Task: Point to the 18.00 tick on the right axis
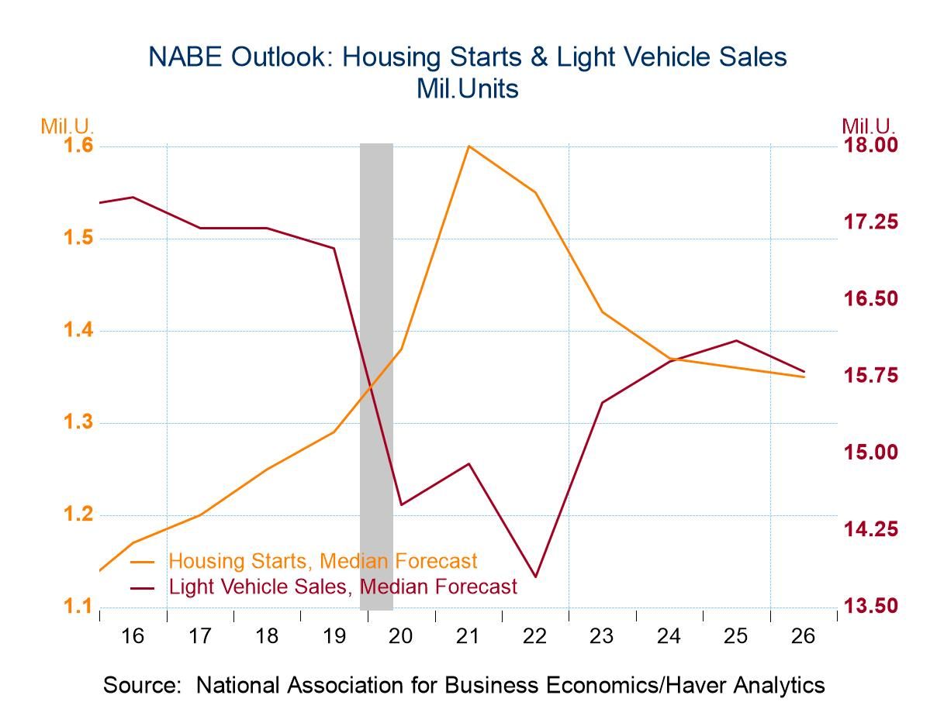[870, 146]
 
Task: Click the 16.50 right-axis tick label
[870, 299]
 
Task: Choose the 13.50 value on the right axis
[870, 606]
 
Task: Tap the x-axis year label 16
[133, 637]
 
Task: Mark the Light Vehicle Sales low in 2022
[535, 576]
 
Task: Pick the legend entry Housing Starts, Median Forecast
[323, 560]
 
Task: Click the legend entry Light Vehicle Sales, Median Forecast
[342, 587]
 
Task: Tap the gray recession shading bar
[376, 372]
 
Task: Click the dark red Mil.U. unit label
[869, 126]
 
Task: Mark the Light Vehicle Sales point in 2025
[736, 340]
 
